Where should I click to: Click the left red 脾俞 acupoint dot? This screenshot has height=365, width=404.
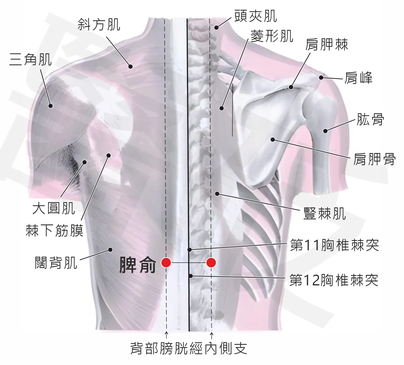point(166,262)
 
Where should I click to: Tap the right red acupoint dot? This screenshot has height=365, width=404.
point(211,262)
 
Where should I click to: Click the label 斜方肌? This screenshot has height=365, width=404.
point(99,25)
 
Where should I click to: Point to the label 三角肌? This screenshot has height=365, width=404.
point(30,59)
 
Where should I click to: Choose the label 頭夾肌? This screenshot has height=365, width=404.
point(255,16)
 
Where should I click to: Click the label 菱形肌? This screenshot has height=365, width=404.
point(272,36)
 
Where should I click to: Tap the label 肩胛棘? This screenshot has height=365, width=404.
point(327,44)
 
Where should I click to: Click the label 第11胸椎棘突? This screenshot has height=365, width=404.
point(334,245)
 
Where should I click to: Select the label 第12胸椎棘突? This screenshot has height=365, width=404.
point(334,280)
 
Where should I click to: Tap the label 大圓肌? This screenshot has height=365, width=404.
point(54,208)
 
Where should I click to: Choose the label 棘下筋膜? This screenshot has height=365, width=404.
point(54,230)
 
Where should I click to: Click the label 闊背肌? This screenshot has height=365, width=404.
point(56,263)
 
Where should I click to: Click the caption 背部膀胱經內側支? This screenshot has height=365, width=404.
point(189,348)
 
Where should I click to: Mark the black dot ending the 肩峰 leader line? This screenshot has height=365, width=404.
point(321,77)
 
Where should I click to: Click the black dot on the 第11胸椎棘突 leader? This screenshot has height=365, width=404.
point(190,250)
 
